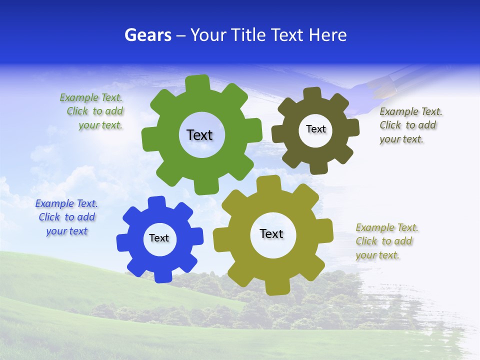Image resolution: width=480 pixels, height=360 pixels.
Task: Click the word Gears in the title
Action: click(147, 35)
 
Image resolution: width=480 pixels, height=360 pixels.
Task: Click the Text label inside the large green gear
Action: click(199, 135)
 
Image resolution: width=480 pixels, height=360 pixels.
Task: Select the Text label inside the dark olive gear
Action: click(315, 129)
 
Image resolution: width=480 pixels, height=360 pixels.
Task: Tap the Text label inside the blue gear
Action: click(159, 238)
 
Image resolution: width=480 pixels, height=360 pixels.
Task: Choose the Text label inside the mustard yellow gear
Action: click(271, 233)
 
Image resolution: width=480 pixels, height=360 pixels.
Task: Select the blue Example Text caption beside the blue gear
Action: click(66, 217)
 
